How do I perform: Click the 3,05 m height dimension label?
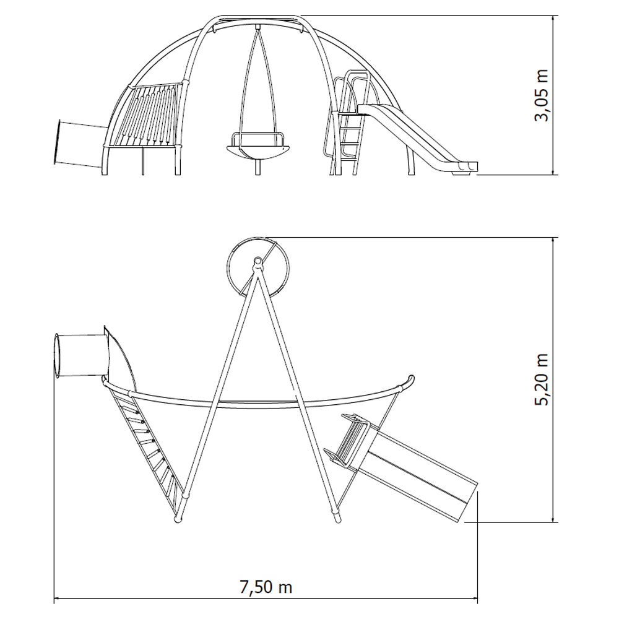pos(542,95)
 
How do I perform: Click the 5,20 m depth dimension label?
pos(542,379)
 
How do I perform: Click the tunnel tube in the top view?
pos(80,355)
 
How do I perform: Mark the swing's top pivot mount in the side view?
pos(258,27)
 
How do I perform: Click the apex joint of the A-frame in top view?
pos(258,261)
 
